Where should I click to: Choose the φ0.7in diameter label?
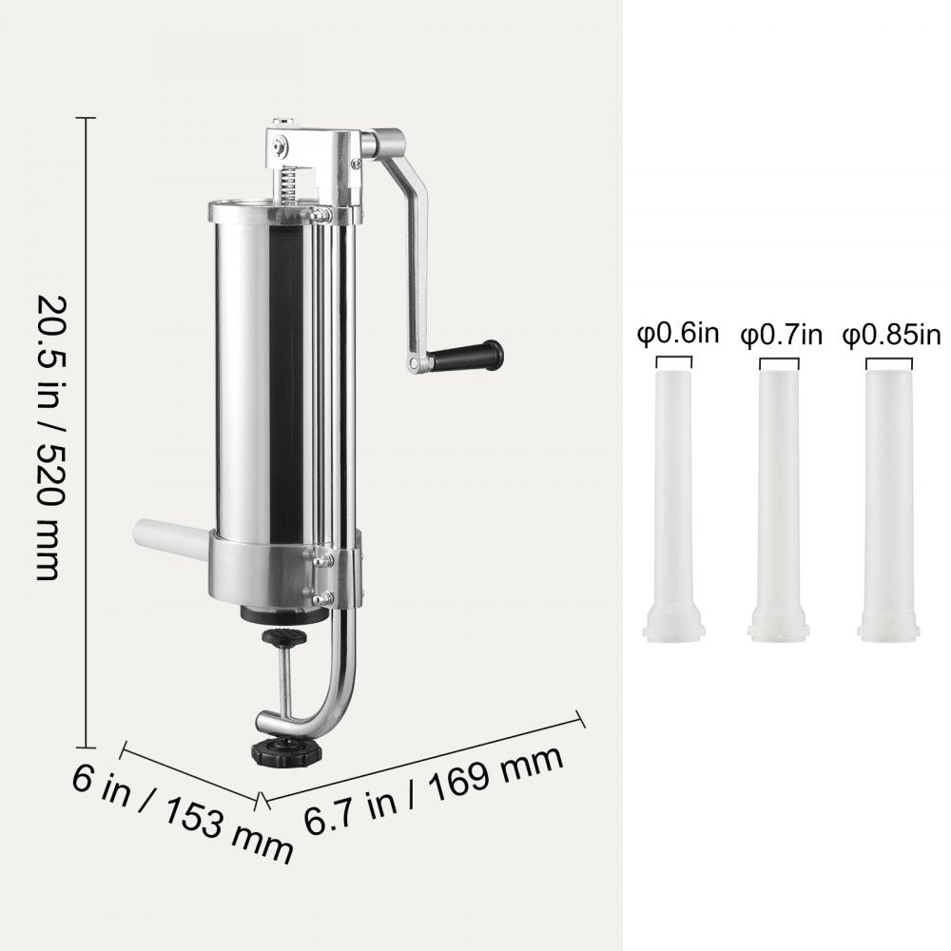coord(781,335)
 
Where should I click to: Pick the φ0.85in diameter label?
coord(890,335)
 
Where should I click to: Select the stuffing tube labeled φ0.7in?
coord(780,495)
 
